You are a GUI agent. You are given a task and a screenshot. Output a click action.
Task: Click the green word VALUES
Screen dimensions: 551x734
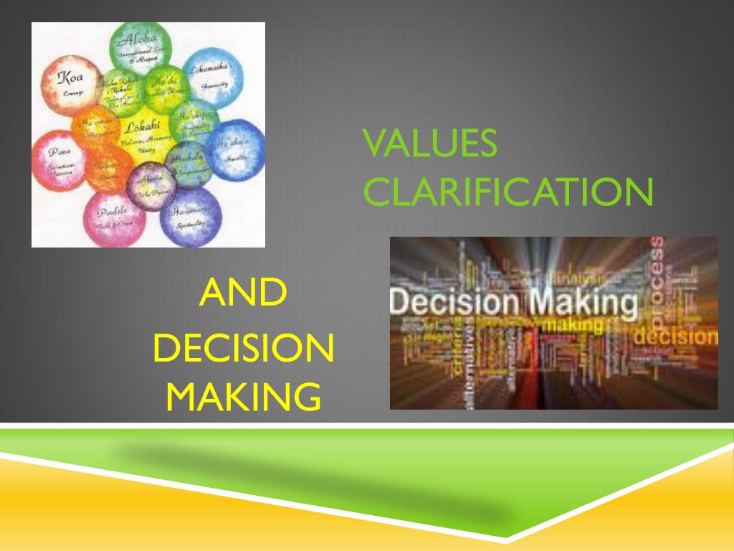[430, 144]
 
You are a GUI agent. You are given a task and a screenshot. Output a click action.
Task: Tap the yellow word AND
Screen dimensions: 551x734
[243, 293]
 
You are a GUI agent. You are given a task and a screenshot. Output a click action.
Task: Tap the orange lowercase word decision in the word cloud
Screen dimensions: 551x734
[677, 336]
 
